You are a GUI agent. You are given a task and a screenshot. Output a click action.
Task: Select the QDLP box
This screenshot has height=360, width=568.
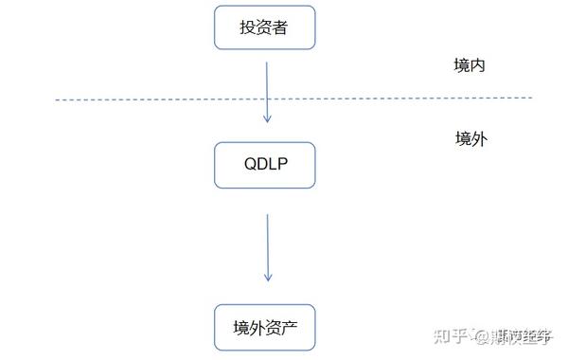264,165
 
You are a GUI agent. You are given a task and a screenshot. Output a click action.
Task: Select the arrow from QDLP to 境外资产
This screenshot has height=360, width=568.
268,246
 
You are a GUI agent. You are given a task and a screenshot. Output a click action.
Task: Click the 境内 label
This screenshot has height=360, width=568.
470,66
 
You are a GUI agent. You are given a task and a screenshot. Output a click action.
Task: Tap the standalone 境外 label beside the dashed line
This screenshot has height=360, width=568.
470,139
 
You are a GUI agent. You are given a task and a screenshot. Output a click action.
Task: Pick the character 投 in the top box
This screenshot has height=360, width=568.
248,28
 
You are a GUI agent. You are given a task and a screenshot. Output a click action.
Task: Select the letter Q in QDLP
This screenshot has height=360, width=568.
249,165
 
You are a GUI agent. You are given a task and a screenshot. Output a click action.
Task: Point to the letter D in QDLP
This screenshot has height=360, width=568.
260,165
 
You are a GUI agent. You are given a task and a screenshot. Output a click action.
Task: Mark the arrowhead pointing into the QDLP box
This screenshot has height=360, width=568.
267,118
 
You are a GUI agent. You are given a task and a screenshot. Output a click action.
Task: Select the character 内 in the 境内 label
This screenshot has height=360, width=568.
479,66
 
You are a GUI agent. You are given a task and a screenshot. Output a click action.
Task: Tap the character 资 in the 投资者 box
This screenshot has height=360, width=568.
264,28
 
